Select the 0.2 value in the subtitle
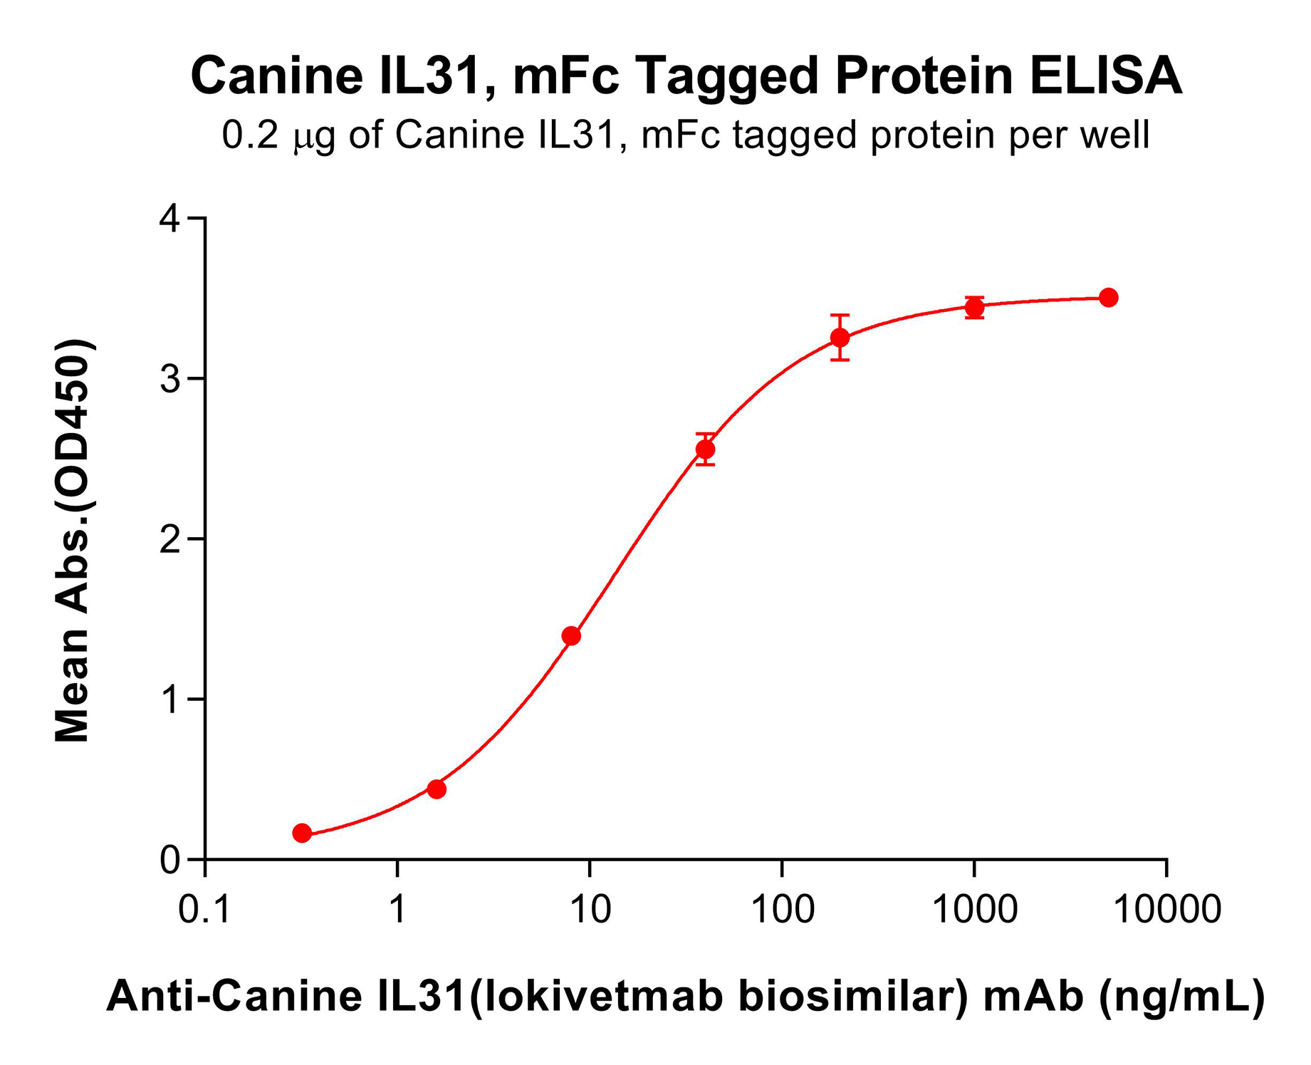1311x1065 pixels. click(249, 135)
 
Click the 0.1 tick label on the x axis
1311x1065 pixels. click(205, 910)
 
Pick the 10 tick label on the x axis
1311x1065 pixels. click(590, 910)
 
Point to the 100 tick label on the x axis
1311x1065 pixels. click(782, 910)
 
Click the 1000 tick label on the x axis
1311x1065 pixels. click(974, 910)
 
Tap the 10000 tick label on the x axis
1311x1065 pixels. click(1166, 910)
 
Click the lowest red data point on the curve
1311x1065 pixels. click(302, 833)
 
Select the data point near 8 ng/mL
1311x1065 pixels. click(571, 635)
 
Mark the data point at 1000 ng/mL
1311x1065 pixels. click(974, 308)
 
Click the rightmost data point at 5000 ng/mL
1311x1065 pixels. click(1108, 298)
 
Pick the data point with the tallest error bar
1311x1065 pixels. click(840, 337)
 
